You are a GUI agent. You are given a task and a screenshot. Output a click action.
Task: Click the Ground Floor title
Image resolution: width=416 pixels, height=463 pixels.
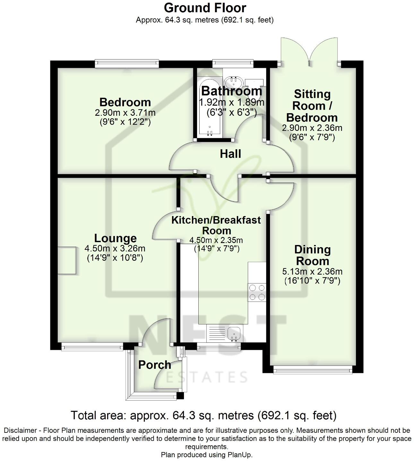[205, 8]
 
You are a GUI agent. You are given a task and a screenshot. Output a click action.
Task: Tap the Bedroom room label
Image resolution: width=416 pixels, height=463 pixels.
[125, 102]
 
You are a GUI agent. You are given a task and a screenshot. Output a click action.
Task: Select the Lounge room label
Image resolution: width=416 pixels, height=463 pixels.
[115, 238]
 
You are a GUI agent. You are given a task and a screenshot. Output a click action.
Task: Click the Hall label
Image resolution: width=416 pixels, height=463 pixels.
[230, 154]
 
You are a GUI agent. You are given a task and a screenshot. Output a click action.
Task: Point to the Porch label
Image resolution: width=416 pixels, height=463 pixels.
[154, 365]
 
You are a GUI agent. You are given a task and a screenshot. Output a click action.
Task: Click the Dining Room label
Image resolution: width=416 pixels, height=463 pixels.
[312, 255]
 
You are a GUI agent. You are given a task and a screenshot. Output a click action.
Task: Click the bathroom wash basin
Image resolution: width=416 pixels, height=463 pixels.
[234, 82]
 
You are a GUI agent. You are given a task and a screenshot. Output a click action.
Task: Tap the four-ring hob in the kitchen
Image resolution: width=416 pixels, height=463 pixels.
[257, 293]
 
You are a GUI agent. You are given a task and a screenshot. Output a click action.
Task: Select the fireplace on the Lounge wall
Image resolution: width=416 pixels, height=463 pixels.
[67, 260]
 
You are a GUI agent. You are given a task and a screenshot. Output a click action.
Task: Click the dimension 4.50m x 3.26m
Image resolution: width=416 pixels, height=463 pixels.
[115, 249]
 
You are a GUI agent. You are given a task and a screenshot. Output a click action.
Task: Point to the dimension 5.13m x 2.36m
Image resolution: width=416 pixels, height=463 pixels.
[312, 272]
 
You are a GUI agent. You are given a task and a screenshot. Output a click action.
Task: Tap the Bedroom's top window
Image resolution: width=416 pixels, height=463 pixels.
[127, 64]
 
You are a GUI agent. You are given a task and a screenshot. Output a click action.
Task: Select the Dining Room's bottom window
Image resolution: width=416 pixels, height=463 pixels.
[312, 370]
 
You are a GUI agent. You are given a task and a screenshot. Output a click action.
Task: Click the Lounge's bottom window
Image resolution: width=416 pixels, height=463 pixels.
[92, 347]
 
